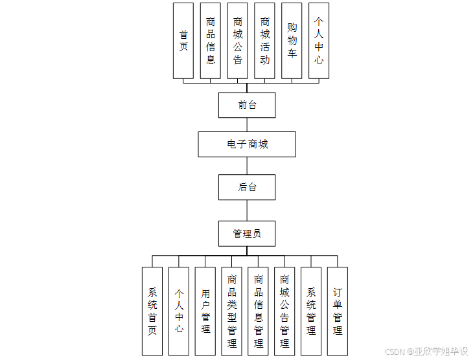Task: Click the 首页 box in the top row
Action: point(183,41)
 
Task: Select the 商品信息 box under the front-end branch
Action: point(211,41)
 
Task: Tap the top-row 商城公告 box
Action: point(238,41)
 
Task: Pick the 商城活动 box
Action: point(264,41)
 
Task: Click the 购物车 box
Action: point(292,41)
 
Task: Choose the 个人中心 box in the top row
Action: point(319,41)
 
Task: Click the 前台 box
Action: point(247,105)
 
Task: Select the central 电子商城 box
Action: point(247,144)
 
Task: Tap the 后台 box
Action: point(247,187)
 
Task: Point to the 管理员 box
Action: point(247,233)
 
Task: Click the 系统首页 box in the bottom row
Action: point(152,311)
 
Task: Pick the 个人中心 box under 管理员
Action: point(179,311)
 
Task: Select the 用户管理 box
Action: point(205,311)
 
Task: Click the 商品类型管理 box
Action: point(232,311)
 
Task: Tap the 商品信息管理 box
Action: point(259,311)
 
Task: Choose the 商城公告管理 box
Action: point(284,311)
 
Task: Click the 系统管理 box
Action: point(311,311)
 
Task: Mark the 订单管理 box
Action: point(338,311)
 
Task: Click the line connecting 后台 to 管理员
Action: point(247,210)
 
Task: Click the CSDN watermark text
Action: point(426,351)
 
